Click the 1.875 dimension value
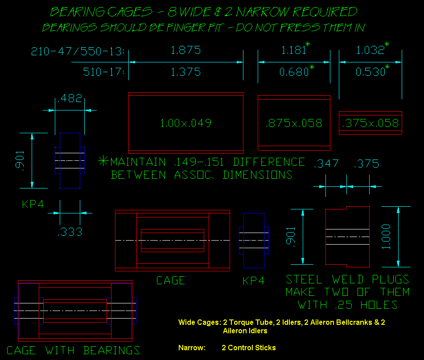(x=186, y=50)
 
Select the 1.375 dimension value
(x=186, y=72)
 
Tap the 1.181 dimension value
(x=293, y=50)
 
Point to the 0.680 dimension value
(x=293, y=72)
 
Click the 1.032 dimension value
(x=370, y=50)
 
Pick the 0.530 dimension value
(x=370, y=72)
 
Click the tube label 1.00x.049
(x=185, y=123)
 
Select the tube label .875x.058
(x=294, y=123)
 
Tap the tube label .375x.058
(x=370, y=123)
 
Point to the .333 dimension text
(x=70, y=232)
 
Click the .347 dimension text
(x=326, y=164)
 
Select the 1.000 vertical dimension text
(x=387, y=237)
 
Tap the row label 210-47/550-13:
(x=77, y=51)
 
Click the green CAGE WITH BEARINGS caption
(x=73, y=350)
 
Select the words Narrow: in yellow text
(x=192, y=348)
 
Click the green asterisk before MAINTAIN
(x=103, y=161)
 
